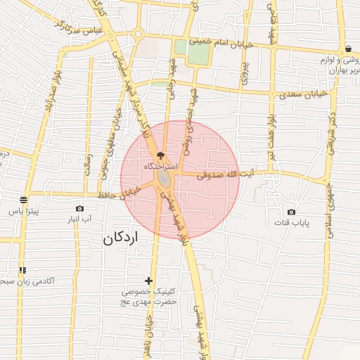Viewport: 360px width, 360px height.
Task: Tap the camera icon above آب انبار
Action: [79, 209]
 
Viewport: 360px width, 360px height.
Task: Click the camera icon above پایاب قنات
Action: [291, 212]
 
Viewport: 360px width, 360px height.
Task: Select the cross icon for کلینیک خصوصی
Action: [148, 281]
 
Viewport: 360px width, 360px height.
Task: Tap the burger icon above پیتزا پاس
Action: [23, 200]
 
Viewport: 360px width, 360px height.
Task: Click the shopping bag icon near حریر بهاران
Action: [349, 49]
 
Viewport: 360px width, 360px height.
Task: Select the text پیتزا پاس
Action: [22, 211]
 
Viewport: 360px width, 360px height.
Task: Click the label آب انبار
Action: [79, 220]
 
